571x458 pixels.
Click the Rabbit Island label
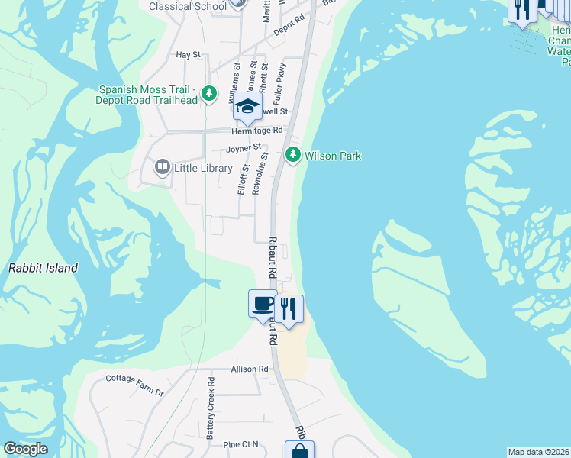tap(43, 268)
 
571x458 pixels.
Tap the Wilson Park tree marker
tap(292, 156)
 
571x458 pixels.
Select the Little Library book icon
tap(162, 167)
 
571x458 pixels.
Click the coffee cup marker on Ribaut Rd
tap(263, 303)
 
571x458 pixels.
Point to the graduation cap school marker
tap(247, 108)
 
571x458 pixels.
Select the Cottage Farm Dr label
tap(135, 384)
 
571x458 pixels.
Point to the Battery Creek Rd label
tap(211, 417)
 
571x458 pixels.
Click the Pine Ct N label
tap(241, 444)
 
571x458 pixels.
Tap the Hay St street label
tap(188, 55)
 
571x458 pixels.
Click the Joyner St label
tap(244, 147)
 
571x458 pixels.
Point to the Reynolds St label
tap(260, 173)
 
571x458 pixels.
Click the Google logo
tap(25, 449)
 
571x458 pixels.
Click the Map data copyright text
tap(539, 452)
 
